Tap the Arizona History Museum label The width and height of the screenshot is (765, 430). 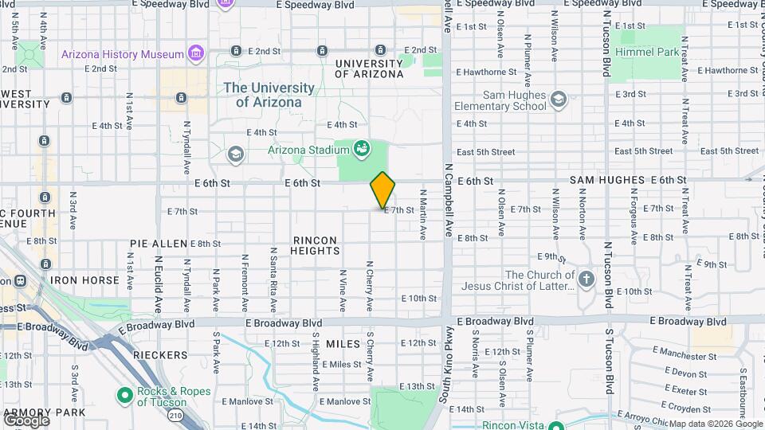point(123,54)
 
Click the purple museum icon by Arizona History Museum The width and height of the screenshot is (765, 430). point(195,54)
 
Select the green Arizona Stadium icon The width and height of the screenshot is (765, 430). point(361,148)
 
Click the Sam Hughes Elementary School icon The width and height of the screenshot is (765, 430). point(558,99)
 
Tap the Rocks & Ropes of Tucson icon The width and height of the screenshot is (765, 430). point(124,395)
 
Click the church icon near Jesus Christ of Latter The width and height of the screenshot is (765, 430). point(586,279)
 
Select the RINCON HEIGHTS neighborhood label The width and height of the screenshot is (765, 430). point(316,245)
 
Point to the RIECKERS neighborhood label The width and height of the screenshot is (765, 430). point(161,355)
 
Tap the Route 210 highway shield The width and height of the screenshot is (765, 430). point(175,415)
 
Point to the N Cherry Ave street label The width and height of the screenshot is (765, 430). point(369,286)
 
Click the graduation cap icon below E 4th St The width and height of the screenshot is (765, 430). point(235,153)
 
